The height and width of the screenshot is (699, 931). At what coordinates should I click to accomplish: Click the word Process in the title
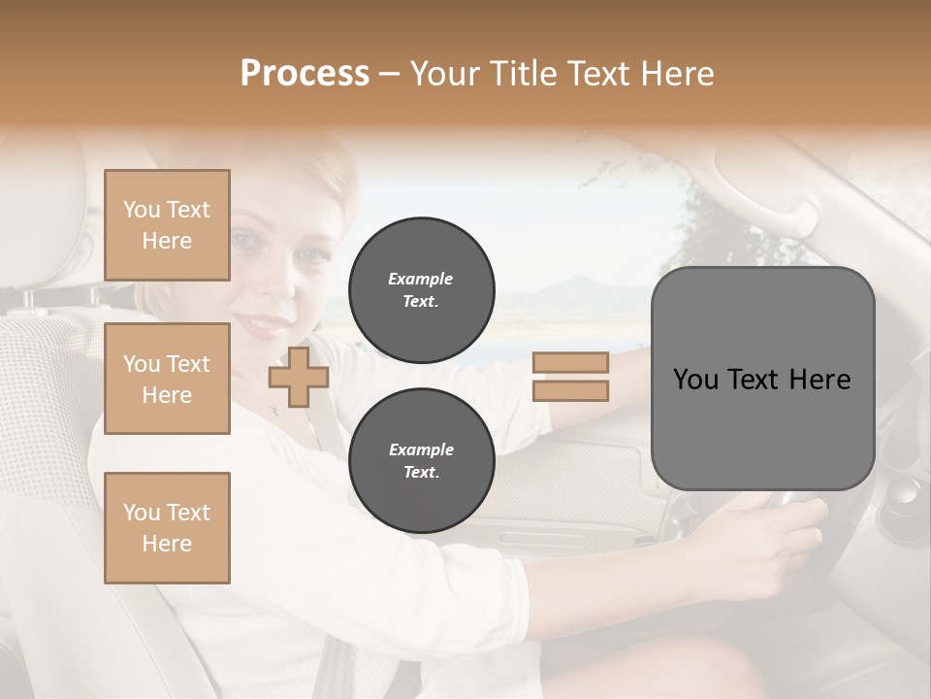(x=305, y=74)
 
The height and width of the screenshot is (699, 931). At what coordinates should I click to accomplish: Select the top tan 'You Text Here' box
(x=167, y=225)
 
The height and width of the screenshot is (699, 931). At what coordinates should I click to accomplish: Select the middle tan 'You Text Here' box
(x=167, y=379)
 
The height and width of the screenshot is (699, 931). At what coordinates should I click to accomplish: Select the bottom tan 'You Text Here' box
(x=167, y=528)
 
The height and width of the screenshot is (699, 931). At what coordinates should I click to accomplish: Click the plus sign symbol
(x=299, y=378)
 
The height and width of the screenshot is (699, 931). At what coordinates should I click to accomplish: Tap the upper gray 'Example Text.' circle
(x=422, y=290)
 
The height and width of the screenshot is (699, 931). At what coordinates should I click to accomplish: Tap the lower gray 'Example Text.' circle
(x=422, y=461)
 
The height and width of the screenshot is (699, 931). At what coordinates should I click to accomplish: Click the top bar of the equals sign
(x=570, y=362)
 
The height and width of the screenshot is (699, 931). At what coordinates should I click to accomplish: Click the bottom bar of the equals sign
(x=570, y=391)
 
